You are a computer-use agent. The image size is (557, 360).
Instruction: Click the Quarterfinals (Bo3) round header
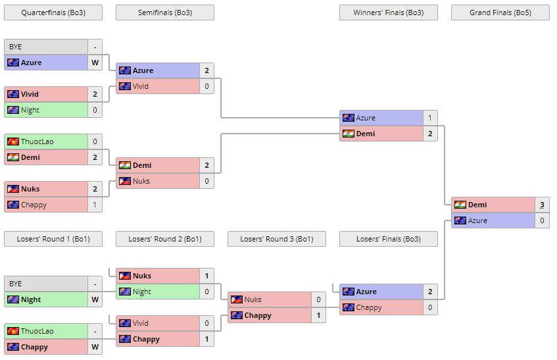click(x=53, y=13)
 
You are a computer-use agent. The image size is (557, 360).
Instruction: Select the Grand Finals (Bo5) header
click(x=500, y=13)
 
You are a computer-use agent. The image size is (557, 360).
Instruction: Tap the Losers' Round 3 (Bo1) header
click(x=276, y=239)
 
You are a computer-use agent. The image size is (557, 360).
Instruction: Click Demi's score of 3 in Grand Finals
click(x=542, y=205)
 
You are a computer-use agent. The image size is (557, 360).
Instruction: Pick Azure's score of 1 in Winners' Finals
click(x=430, y=118)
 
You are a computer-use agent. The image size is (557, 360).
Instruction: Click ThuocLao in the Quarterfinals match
click(x=37, y=141)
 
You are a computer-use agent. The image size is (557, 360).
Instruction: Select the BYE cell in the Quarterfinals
click(x=46, y=47)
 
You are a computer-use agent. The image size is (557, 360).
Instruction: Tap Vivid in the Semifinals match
click(x=141, y=86)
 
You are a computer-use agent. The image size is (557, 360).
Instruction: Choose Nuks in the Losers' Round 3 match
click(x=253, y=299)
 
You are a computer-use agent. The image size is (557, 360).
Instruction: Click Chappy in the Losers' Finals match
click(x=369, y=307)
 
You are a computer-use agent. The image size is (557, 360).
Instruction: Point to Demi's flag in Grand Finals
click(x=460, y=205)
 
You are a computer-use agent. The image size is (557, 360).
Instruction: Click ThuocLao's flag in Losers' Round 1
click(x=12, y=331)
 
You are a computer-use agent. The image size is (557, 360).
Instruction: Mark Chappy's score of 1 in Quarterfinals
click(x=95, y=205)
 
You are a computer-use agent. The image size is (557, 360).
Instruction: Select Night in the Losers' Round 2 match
click(x=141, y=292)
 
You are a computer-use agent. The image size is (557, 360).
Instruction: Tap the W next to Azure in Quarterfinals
click(x=95, y=63)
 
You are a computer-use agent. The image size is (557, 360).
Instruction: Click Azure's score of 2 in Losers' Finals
click(x=430, y=292)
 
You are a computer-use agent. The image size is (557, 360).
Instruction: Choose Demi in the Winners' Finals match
click(x=366, y=134)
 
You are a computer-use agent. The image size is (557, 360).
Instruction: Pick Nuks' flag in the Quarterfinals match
click(x=12, y=189)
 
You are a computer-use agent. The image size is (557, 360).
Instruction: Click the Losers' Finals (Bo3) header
click(x=388, y=239)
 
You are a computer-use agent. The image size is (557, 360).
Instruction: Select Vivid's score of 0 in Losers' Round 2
click(x=206, y=323)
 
